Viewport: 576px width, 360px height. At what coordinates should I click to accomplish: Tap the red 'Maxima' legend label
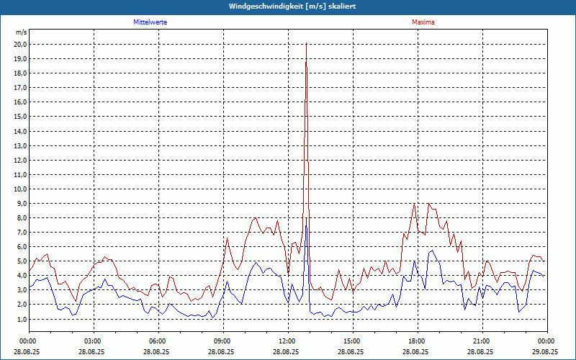(x=423, y=22)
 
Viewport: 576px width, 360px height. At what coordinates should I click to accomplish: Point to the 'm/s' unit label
(x=21, y=33)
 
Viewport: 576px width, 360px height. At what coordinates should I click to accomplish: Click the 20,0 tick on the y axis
(x=20, y=45)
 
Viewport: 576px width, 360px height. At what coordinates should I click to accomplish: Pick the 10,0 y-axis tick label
(x=20, y=189)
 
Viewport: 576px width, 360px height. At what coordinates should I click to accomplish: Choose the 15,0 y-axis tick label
(x=20, y=117)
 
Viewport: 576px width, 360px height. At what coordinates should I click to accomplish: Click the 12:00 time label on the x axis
(x=287, y=341)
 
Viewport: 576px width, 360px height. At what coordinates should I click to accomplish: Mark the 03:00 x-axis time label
(x=93, y=341)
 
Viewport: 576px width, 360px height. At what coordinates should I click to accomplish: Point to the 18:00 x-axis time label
(x=417, y=341)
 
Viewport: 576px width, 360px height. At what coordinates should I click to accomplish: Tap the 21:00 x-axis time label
(x=482, y=341)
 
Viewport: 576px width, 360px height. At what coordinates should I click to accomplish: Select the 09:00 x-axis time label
(x=222, y=341)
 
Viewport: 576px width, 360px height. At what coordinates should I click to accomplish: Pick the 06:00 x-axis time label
(x=158, y=341)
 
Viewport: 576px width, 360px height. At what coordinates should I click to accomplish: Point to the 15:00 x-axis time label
(x=352, y=341)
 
